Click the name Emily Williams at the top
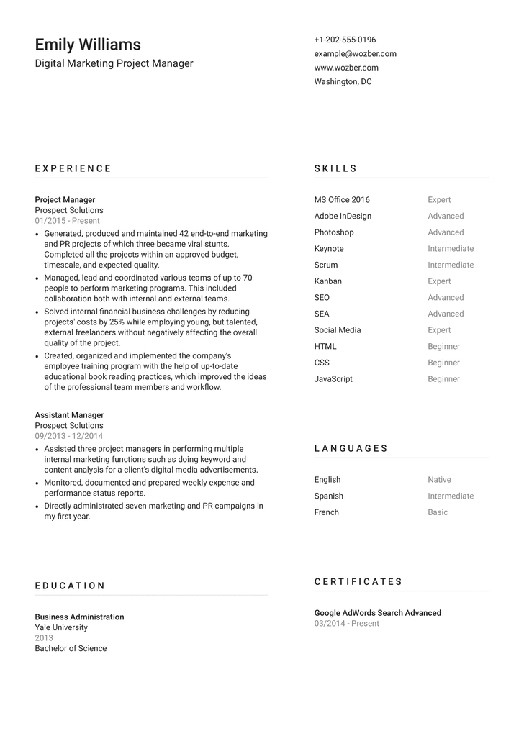[x=88, y=45]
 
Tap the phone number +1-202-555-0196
[x=345, y=40]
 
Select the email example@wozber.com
[x=355, y=54]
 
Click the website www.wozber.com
[x=346, y=68]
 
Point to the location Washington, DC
[x=343, y=81]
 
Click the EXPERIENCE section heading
[x=73, y=168]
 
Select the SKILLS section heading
[x=335, y=168]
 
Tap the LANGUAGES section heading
[x=351, y=448]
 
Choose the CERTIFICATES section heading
[x=358, y=581]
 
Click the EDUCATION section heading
[x=71, y=586]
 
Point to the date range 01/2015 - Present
[x=68, y=221]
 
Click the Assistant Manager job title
[x=69, y=415]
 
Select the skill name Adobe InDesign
[x=343, y=216]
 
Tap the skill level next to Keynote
[x=451, y=249]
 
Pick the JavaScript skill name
[x=333, y=379]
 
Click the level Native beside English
[x=439, y=480]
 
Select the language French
[x=326, y=512]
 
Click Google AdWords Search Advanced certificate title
[x=378, y=613]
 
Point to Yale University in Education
[x=61, y=627]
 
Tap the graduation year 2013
[x=44, y=638]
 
